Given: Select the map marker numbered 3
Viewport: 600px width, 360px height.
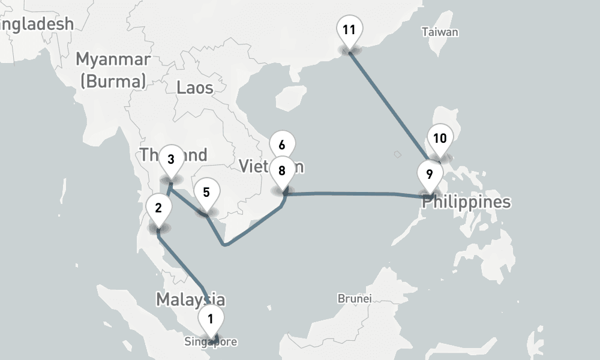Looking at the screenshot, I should pyautogui.click(x=171, y=160).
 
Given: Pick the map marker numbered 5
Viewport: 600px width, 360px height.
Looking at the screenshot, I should pyautogui.click(x=206, y=193).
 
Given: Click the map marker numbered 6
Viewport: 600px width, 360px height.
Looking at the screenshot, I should pyautogui.click(x=282, y=144).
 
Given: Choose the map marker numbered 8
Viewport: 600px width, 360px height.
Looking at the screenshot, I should pyautogui.click(x=281, y=170).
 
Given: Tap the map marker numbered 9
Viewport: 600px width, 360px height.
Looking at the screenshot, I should pyautogui.click(x=429, y=175).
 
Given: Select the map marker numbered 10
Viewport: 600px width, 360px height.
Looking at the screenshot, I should pyautogui.click(x=440, y=139).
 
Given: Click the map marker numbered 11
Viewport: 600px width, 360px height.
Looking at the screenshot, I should pyautogui.click(x=349, y=29).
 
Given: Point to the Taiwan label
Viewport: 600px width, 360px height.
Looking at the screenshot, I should pyautogui.click(x=440, y=32).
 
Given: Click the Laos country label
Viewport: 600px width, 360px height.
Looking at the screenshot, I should pyautogui.click(x=195, y=88).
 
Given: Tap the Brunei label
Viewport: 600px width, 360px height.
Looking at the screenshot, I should pyautogui.click(x=355, y=298).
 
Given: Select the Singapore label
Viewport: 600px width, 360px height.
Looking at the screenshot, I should pyautogui.click(x=211, y=343).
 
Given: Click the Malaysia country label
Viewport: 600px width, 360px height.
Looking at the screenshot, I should pyautogui.click(x=190, y=299).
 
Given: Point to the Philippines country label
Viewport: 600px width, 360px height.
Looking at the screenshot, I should pyautogui.click(x=466, y=202).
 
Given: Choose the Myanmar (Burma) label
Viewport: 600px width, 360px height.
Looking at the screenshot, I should pyautogui.click(x=113, y=70).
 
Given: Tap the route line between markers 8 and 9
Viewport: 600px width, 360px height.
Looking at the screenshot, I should pyautogui.click(x=354, y=193).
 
